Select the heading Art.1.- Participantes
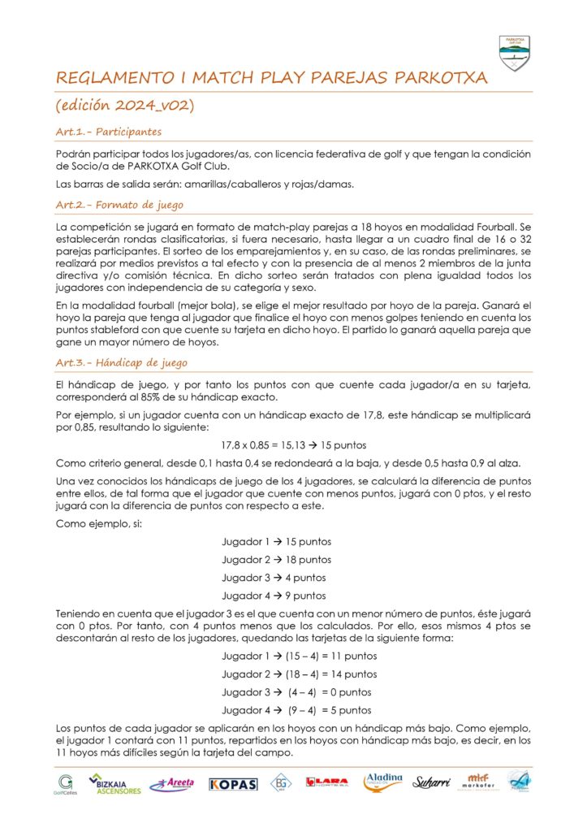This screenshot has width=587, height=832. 108,131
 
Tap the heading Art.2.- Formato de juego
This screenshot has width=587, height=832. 119,204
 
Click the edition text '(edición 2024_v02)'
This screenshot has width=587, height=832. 123,106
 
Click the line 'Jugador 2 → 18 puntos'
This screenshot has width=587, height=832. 276,559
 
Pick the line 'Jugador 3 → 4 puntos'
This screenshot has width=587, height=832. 274,577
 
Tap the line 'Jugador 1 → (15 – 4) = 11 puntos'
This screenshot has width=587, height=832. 299,656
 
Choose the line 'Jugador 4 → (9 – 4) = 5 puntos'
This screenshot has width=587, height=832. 296,709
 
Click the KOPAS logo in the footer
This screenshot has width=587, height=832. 233,784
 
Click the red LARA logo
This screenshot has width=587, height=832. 326,783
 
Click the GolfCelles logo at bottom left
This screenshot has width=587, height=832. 64,783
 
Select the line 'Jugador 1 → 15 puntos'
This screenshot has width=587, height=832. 276,541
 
